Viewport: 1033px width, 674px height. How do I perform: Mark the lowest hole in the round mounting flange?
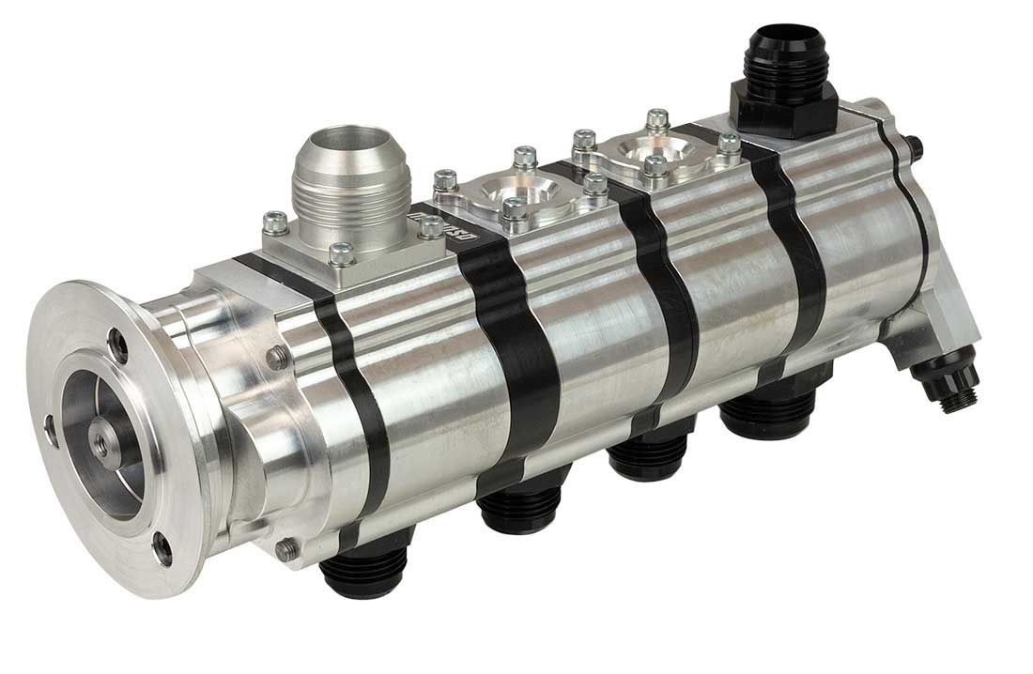tap(162, 548)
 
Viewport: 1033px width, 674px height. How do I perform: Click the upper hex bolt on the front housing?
tap(278, 357)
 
